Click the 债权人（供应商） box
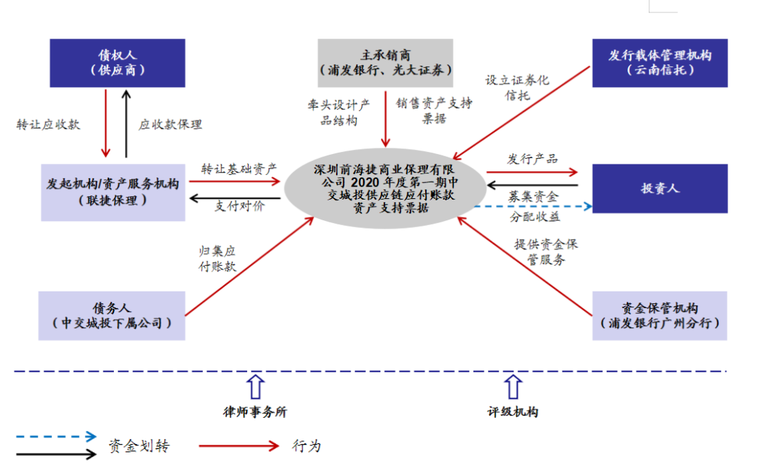pyautogui.click(x=118, y=63)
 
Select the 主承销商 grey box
pyautogui.click(x=385, y=63)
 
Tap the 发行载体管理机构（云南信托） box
pyautogui.click(x=659, y=63)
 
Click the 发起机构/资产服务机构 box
pyautogui.click(x=113, y=192)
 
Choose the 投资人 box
pyautogui.click(x=659, y=188)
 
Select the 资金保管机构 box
pyautogui.click(x=659, y=316)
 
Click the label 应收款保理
pyautogui.click(x=170, y=124)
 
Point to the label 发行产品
pyautogui.click(x=532, y=159)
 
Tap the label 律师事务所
pyautogui.click(x=255, y=412)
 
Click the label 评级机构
pyautogui.click(x=512, y=412)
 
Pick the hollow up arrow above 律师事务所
pyautogui.click(x=255, y=386)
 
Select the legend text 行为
pyautogui.click(x=306, y=446)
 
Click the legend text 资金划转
pyautogui.click(x=138, y=446)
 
